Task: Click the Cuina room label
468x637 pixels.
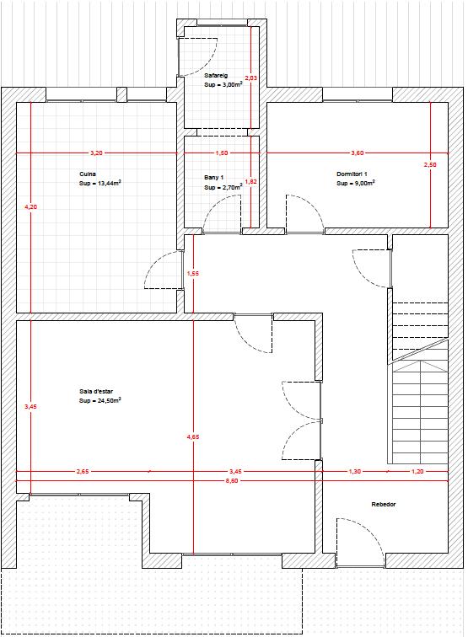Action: pos(88,174)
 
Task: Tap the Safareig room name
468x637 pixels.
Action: pos(216,75)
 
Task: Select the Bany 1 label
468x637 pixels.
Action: pos(214,178)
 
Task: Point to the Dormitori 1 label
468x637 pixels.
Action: pos(352,174)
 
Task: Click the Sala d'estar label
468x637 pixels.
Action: pos(96,391)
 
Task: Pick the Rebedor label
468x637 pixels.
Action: pos(384,504)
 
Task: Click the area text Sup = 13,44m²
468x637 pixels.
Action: pos(100,183)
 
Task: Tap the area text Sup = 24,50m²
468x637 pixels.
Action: pos(100,400)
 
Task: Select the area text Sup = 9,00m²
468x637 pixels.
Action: pos(356,183)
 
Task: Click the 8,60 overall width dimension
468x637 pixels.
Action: pos(232,481)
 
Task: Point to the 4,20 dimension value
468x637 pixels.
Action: pos(31,206)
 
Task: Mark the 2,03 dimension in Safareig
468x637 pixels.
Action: pos(251,78)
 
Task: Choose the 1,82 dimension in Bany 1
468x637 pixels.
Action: pos(251,182)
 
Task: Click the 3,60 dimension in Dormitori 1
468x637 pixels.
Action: pos(358,153)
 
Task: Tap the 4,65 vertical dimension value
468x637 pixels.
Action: pos(193,437)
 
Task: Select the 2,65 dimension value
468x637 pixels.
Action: pos(83,472)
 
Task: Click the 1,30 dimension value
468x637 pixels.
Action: pos(354,472)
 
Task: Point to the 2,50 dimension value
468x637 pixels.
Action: pos(430,165)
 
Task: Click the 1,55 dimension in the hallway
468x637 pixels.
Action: pos(193,274)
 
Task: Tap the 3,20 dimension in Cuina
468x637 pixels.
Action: pos(96,153)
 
